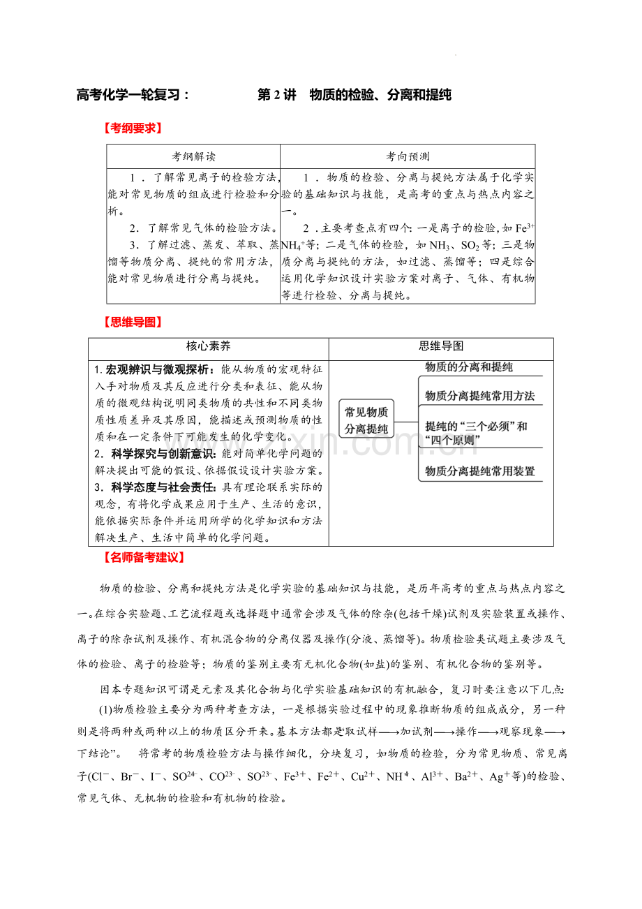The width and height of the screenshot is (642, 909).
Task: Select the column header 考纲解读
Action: coord(193,156)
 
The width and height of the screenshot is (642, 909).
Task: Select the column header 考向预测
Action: coord(408,156)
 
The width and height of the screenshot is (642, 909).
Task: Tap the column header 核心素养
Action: coord(208,346)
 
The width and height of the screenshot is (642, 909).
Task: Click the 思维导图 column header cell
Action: coord(441,346)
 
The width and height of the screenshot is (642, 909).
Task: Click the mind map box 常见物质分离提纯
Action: coord(366,420)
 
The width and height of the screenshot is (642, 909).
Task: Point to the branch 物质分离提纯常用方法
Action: coord(480,396)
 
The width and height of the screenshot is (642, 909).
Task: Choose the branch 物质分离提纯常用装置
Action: coord(480,471)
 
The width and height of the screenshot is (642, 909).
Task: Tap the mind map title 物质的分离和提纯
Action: coord(469,367)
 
